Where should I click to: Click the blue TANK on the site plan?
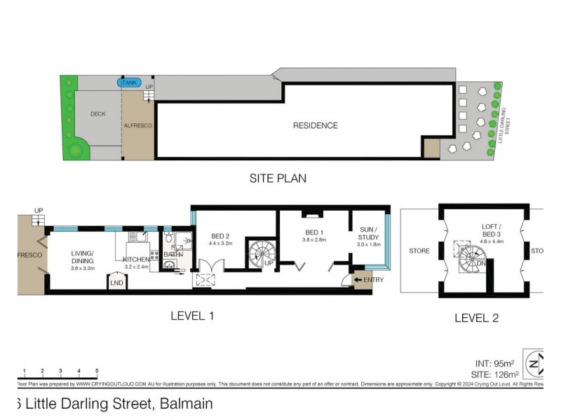(128, 83)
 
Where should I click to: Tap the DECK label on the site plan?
(97, 114)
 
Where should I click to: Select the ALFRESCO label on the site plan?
(137, 125)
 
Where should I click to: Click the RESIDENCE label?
(315, 126)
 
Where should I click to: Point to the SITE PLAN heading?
(278, 178)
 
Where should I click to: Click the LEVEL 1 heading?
(192, 316)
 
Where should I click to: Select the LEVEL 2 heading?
(476, 318)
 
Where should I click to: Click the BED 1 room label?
(315, 232)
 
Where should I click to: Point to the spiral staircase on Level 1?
(258, 253)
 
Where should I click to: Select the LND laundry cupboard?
(116, 282)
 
